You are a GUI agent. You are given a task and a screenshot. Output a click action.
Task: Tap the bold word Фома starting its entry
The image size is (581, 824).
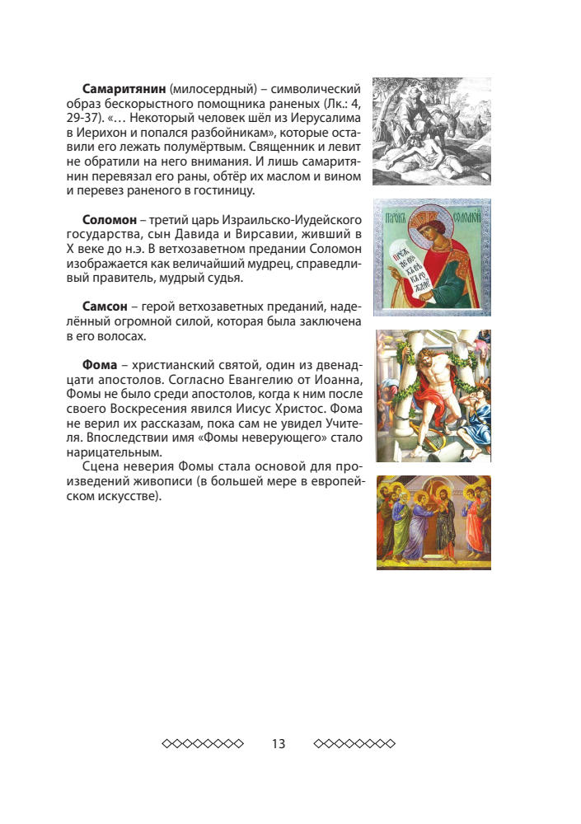click(100, 364)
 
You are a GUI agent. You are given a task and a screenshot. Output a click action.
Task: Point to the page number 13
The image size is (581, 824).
click(278, 744)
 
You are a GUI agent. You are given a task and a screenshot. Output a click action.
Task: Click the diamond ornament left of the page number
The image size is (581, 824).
click(203, 744)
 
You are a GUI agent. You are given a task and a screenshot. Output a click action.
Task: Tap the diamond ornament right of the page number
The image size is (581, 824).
click(354, 744)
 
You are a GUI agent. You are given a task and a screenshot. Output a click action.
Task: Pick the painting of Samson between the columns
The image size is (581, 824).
click(433, 396)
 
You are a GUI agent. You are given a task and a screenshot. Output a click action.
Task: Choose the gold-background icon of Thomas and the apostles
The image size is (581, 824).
click(433, 522)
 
